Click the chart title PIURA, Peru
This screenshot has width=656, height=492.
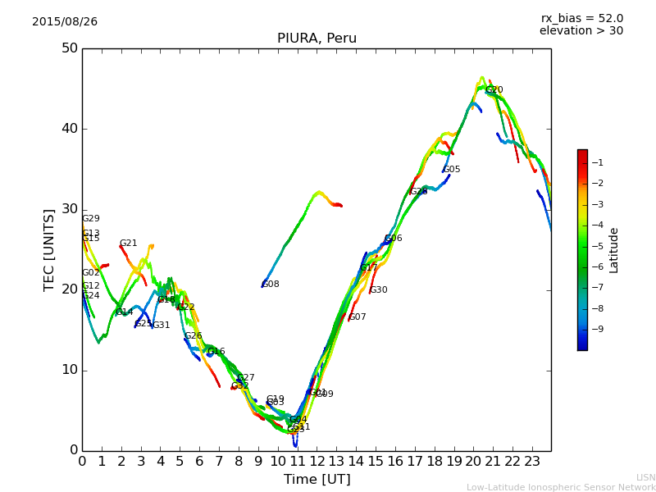pyautogui.click(x=317, y=39)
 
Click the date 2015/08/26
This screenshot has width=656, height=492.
pyautogui.click(x=65, y=22)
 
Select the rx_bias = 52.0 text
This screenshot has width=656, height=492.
pyautogui.click(x=581, y=19)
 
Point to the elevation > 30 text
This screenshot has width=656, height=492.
pyautogui.click(x=581, y=31)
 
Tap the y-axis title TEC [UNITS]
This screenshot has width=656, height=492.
pyautogui.click(x=49, y=249)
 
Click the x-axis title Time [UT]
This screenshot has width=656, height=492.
pyautogui.click(x=317, y=479)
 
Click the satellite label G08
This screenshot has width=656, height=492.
pyautogui.click(x=271, y=285)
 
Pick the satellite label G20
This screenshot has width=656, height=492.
pyautogui.click(x=494, y=90)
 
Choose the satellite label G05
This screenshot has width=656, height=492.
pyautogui.click(x=452, y=170)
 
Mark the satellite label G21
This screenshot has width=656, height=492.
pyautogui.click(x=128, y=244)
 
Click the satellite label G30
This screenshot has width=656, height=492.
pyautogui.click(x=379, y=290)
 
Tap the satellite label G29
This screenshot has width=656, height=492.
pyautogui.click(x=91, y=219)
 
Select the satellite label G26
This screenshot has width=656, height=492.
pyautogui.click(x=193, y=336)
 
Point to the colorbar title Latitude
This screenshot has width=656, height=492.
pyautogui.click(x=614, y=250)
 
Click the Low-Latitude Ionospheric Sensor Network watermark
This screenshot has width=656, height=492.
pyautogui.click(x=561, y=488)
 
